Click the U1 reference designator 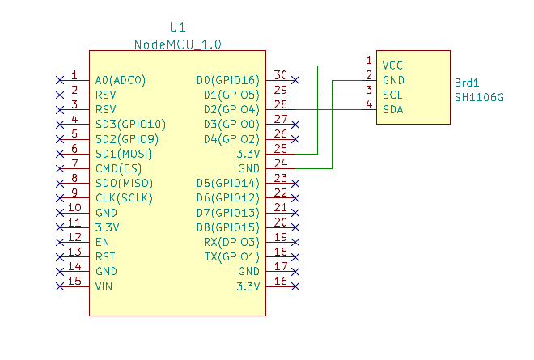177,27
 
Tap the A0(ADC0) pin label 121,80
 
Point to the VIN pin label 104,286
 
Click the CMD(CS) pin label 119,168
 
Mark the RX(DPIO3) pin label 231,242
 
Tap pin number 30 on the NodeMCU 281,74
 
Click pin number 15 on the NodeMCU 74,281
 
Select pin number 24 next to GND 281,163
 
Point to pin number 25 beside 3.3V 281,148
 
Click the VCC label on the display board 393,66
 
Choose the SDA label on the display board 393,109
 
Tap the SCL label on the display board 393,95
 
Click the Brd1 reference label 468,83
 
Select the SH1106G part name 479,97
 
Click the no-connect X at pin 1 59,80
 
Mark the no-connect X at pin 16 295,286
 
